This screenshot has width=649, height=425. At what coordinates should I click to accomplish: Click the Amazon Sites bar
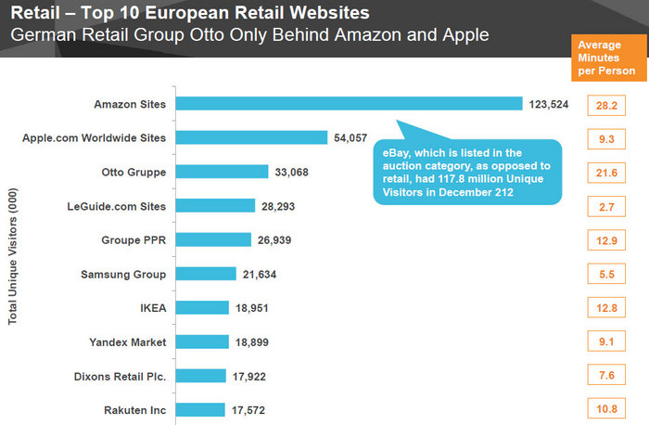[349, 104]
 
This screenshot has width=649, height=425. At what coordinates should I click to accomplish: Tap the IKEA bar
[201, 307]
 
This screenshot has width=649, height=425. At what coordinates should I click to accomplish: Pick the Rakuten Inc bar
[199, 409]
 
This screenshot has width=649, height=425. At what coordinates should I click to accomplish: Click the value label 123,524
[548, 104]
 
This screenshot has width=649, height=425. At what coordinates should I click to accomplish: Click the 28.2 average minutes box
[607, 106]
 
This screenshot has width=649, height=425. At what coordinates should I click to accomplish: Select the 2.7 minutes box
[607, 206]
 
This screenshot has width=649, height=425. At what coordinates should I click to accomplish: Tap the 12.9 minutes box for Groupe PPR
[607, 240]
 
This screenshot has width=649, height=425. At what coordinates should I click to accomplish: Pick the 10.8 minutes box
[607, 409]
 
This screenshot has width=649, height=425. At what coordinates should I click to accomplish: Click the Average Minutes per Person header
[606, 58]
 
